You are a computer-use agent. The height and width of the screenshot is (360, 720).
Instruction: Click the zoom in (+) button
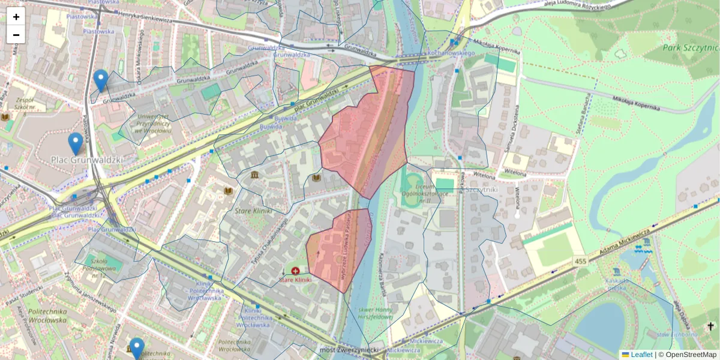[x=16, y=17]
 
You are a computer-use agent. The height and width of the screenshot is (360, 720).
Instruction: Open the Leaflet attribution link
[x=641, y=355]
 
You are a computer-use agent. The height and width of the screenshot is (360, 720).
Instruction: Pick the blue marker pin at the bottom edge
[x=137, y=349]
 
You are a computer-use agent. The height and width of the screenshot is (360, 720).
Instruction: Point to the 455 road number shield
[x=580, y=261]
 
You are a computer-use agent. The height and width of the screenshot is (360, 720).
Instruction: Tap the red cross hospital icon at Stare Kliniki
[x=295, y=271]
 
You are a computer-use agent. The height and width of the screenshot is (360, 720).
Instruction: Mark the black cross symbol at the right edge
[x=711, y=326]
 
